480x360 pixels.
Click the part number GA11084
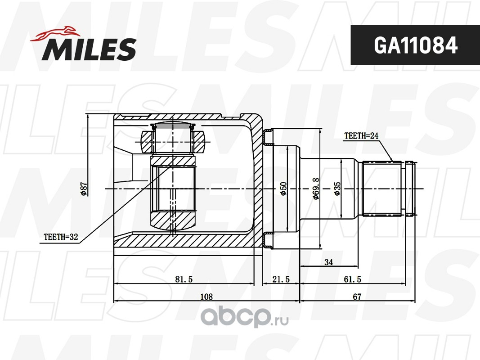tap(415, 45)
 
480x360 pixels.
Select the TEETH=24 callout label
tap(361, 135)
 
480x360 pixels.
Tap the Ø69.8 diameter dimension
tap(316, 189)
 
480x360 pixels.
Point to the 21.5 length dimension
tap(281, 279)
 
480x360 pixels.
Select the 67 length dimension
tap(358, 297)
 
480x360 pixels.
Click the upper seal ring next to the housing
tap(268, 137)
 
